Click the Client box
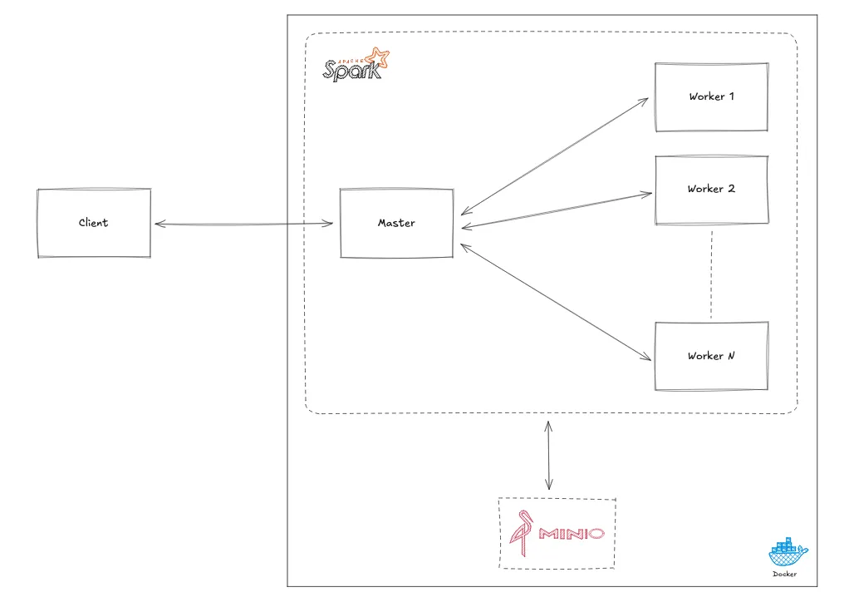[94, 223]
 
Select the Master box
[396, 223]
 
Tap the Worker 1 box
[710, 96]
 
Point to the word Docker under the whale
[784, 574]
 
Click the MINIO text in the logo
[571, 533]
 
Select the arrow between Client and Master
[244, 224]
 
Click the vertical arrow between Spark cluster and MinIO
[548, 455]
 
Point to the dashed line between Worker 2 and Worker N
[711, 274]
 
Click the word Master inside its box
[396, 223]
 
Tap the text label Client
[94, 223]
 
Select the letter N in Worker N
[730, 356]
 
